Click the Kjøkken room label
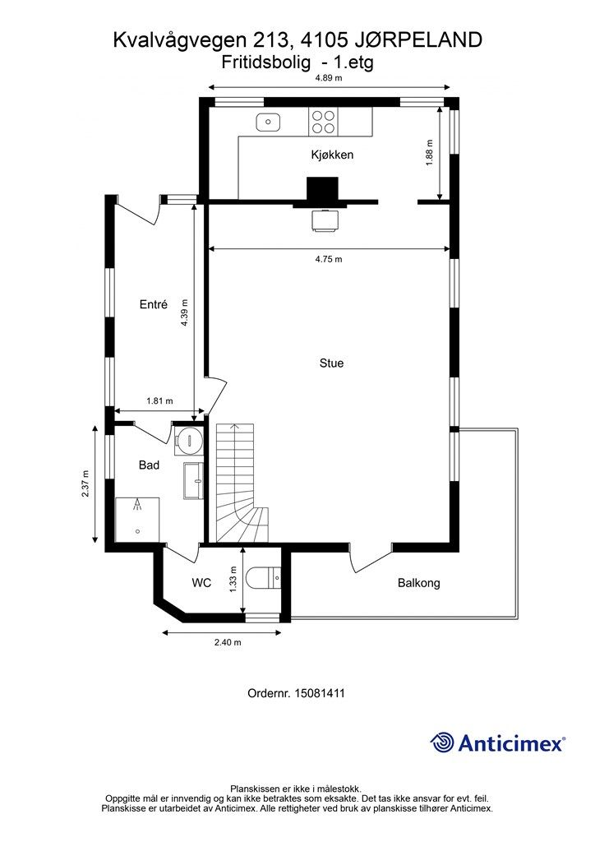coord(332,155)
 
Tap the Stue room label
coord(331,363)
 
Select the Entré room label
coord(154,304)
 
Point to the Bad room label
coord(149,465)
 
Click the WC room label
coord(201,583)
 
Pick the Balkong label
coord(419,583)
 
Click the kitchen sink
coord(268,122)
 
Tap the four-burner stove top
coord(323,122)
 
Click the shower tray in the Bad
coord(137,520)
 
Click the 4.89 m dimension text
coord(329,78)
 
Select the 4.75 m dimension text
coord(329,259)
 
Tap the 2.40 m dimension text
coord(228,642)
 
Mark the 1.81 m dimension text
coord(160,400)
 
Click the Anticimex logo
coord(497,743)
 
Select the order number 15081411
coord(319,693)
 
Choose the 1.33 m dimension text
coord(233,580)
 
